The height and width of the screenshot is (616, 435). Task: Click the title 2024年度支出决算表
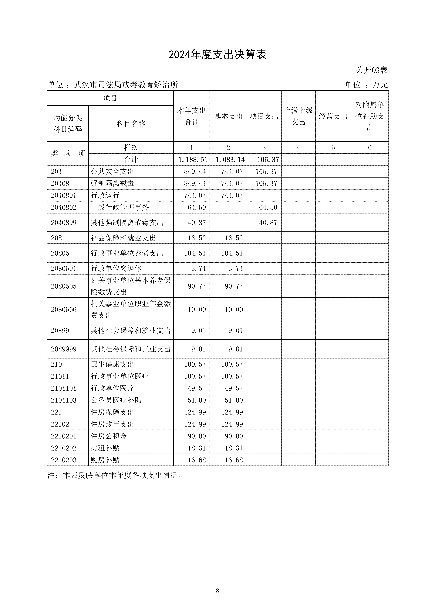pos(217,55)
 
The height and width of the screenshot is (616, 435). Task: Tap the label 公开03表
pos(372,70)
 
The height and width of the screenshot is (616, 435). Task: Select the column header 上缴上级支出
pos(298,116)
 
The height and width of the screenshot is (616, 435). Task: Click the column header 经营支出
pos(333,116)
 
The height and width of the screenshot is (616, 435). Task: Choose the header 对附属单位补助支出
pos(370,116)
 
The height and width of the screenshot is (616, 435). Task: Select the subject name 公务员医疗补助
pos(116,400)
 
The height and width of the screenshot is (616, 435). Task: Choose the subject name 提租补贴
pos(105,448)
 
